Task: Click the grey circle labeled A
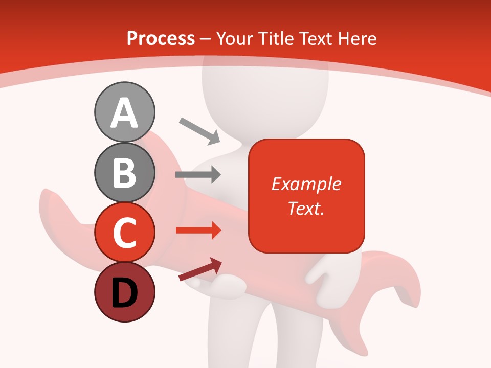point(124,112)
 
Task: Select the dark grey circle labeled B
point(124,172)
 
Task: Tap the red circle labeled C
point(124,232)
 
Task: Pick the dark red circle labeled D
point(124,292)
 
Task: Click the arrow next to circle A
point(199,130)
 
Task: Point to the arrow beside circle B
point(198,174)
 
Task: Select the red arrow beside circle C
point(198,231)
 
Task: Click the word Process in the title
point(161,38)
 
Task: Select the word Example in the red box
point(306,184)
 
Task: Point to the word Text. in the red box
point(306,208)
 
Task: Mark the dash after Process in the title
point(205,39)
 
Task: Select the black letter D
point(124,293)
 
